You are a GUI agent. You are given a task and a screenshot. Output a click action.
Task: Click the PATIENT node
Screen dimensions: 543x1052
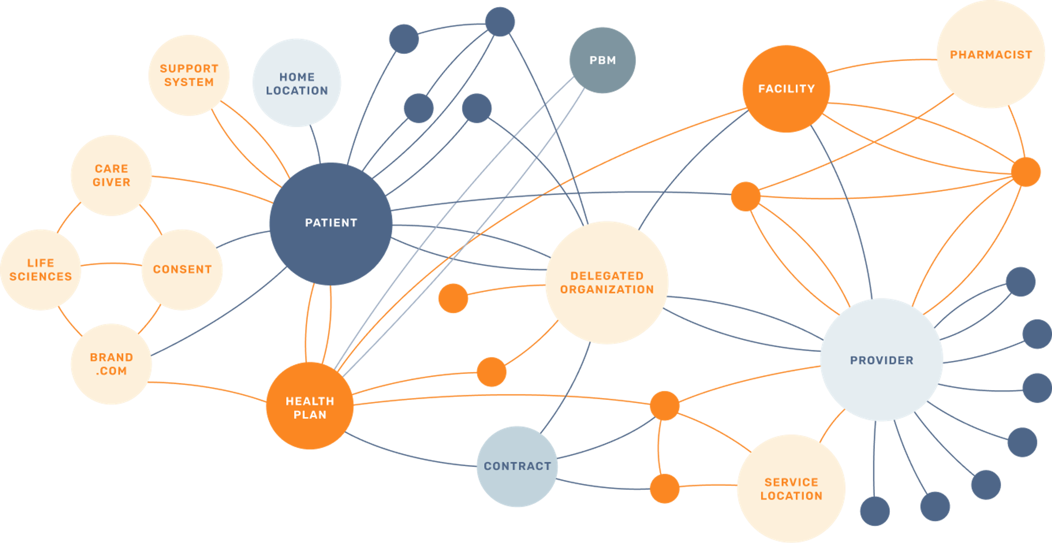coord(331,224)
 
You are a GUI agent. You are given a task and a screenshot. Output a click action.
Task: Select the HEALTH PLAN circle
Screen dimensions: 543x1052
coord(310,406)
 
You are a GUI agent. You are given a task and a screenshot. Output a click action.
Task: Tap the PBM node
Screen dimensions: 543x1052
coord(602,61)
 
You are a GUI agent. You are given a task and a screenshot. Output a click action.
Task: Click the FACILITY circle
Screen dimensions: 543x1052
coord(786,89)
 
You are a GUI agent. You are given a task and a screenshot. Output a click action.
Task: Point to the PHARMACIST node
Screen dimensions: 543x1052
coord(991,55)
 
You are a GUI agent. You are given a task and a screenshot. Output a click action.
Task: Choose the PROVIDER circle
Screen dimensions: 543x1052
coord(881,360)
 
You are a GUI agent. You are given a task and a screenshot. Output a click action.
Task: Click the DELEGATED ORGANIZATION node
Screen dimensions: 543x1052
coord(607,283)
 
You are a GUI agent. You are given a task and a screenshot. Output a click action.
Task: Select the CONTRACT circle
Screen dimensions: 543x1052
coord(517,466)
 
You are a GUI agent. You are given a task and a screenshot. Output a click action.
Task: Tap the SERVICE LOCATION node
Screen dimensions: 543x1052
coord(791,489)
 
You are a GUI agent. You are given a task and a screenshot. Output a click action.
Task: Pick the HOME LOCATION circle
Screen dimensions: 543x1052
coord(297,83)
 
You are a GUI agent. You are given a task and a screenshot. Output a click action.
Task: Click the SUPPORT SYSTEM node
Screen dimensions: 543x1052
coord(189,75)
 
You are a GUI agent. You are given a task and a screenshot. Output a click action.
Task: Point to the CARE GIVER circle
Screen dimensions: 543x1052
coord(111,175)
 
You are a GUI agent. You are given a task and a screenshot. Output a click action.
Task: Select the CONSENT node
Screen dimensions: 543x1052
coord(182,269)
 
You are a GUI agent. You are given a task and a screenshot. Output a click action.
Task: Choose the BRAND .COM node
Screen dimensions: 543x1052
coord(111,364)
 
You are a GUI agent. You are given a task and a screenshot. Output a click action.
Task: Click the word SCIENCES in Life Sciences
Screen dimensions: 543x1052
coord(41,277)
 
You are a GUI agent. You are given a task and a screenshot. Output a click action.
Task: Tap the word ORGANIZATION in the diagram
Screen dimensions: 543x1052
coord(607,289)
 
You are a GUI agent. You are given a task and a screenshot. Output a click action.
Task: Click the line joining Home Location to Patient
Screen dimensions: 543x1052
coord(316,145)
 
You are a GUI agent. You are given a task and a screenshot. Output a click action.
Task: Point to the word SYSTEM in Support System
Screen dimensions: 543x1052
coord(189,82)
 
